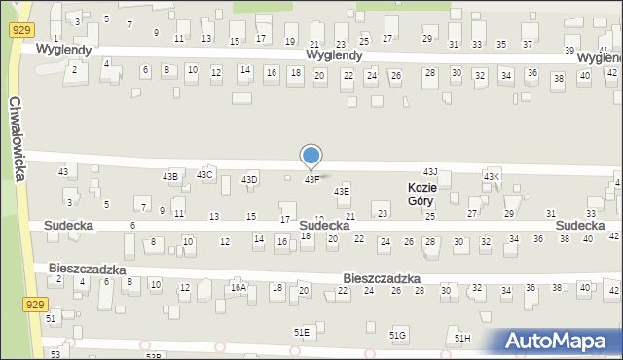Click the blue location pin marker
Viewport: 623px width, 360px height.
pos(311,157)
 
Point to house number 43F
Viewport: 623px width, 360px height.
pos(311,180)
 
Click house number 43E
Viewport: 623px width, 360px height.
pos(342,192)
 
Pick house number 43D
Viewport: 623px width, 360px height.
pos(250,179)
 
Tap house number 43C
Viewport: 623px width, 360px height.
pos(204,174)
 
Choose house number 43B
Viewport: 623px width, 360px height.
pos(169,176)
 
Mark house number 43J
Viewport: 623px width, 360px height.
pos(430,171)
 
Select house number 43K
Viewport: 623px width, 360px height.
pos(492,175)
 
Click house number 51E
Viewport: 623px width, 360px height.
pos(302,332)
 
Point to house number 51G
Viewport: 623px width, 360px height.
pos(398,335)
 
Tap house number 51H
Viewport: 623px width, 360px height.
pos(462,338)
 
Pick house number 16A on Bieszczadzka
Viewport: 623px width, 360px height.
pos(238,288)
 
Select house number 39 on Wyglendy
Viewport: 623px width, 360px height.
pos(569,50)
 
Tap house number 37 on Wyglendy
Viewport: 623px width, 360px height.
pos(528,45)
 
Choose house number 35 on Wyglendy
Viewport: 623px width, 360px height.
pos(501,45)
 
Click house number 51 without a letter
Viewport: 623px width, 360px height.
pos(51,318)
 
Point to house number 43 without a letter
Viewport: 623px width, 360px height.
pos(63,171)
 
